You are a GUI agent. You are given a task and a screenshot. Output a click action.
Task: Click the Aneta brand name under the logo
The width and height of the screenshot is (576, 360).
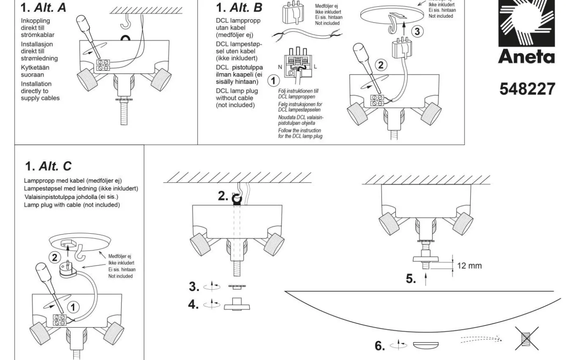tap(526, 57)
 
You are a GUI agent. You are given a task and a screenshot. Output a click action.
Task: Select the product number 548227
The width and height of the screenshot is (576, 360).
tap(527, 89)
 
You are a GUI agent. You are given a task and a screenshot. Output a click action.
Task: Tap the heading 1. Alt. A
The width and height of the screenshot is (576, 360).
tap(43, 8)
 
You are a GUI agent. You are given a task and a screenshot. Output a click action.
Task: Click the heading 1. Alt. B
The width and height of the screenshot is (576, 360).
tap(239, 8)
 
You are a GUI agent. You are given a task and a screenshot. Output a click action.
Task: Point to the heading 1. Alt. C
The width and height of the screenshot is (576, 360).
tap(48, 166)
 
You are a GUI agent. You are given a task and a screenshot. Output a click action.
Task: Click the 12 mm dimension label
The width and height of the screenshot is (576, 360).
tap(469, 266)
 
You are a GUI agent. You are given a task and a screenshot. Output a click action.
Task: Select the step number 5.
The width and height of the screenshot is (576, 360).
tap(411, 279)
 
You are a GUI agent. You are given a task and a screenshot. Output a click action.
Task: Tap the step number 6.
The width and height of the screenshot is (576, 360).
tap(380, 346)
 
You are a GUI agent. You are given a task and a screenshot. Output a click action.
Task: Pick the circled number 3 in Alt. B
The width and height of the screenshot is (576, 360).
tap(417, 31)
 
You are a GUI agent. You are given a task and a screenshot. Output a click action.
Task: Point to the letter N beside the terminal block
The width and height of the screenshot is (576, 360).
tap(280, 66)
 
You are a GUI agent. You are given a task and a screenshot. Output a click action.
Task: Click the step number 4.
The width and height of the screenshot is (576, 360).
tap(194, 304)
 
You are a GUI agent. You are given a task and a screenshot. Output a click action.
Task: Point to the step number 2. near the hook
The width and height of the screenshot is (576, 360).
tap(223, 196)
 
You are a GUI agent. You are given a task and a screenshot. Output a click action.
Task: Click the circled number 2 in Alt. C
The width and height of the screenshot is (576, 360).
tap(54, 258)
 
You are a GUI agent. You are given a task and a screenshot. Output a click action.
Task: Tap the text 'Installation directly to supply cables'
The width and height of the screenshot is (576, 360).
tap(40, 91)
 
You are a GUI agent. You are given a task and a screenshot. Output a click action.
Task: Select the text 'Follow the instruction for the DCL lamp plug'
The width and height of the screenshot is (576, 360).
tap(300, 133)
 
